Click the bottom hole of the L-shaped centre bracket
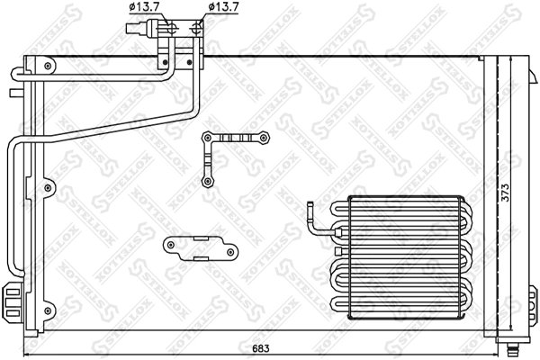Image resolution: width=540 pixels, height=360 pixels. click(x=208, y=181)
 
